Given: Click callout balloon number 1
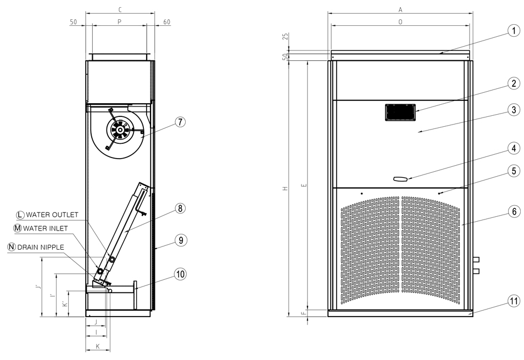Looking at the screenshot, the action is click(514, 31).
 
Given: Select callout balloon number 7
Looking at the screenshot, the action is click(180, 122).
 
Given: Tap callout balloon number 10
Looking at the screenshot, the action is click(180, 274).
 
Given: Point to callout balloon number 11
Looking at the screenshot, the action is click(514, 301).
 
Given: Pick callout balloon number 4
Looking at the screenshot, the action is click(514, 148).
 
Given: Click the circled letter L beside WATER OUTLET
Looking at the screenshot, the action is click(21, 215).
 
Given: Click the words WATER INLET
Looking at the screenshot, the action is click(46, 228).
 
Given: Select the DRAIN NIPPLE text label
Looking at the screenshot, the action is click(41, 247).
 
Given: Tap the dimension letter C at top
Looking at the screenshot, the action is click(120, 10).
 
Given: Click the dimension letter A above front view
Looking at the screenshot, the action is click(400, 10).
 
